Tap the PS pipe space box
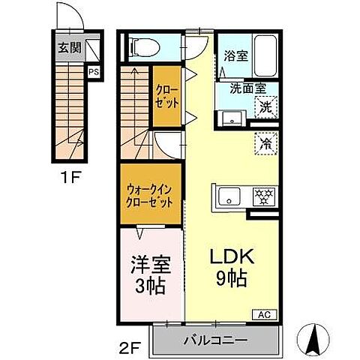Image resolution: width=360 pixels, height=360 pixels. click(93, 72)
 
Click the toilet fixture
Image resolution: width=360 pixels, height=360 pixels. click(144, 46)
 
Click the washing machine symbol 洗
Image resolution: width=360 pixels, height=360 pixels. click(265, 106)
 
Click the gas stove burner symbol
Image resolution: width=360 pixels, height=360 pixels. click(263, 196)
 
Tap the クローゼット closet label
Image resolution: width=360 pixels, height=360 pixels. click(167, 96)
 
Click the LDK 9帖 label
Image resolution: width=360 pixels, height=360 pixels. click(232, 267)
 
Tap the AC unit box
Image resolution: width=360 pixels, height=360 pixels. click(265, 314)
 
